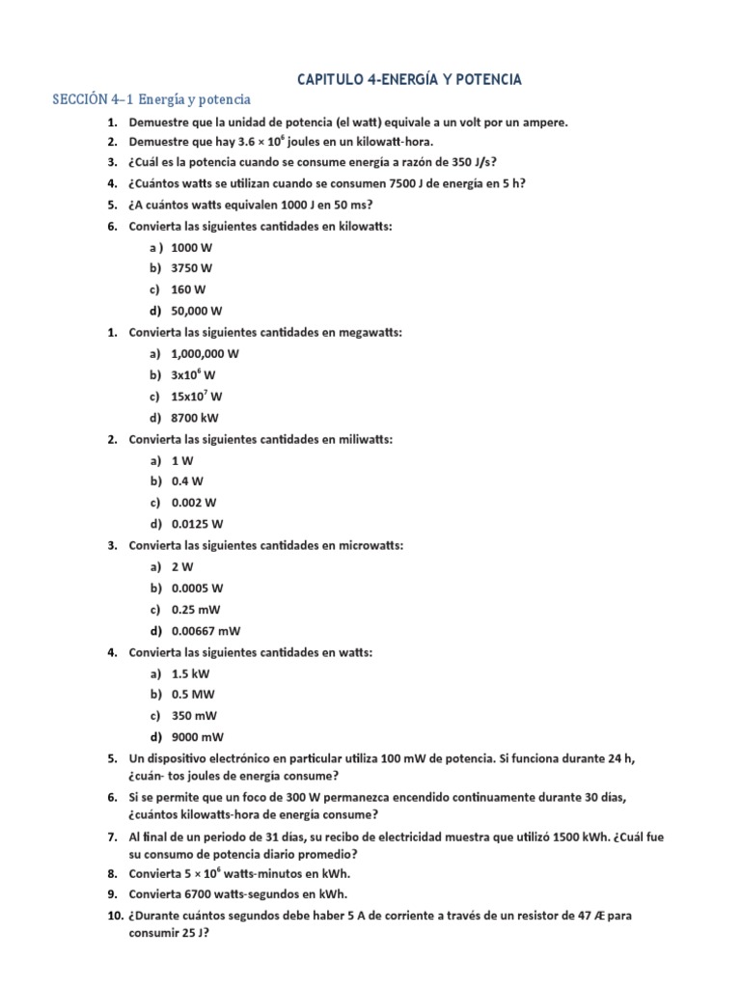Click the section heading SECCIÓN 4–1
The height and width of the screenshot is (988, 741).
pyautogui.click(x=151, y=99)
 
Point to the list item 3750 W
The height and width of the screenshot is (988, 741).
pyautogui.click(x=191, y=268)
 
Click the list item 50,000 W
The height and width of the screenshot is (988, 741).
pyautogui.click(x=197, y=311)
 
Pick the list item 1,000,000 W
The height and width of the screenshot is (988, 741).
pyautogui.click(x=205, y=353)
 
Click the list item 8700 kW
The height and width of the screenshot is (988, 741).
pyautogui.click(x=195, y=417)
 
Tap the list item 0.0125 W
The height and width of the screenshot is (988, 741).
pyautogui.click(x=197, y=524)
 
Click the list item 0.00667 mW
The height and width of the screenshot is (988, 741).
pyautogui.click(x=206, y=631)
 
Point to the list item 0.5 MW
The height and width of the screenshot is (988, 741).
pyautogui.click(x=193, y=695)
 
